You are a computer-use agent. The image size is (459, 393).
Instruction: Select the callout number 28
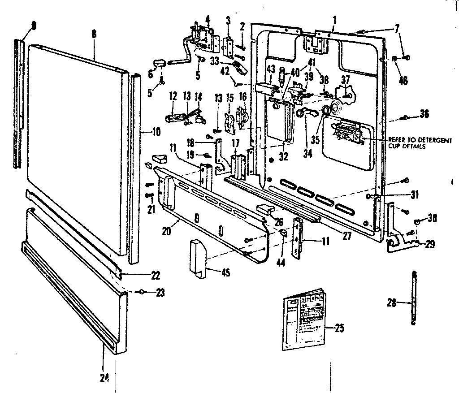pos(391,303)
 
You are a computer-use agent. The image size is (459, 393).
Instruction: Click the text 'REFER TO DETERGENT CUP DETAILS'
pos(420,143)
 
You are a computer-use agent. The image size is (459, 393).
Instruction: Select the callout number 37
pos(345,79)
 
